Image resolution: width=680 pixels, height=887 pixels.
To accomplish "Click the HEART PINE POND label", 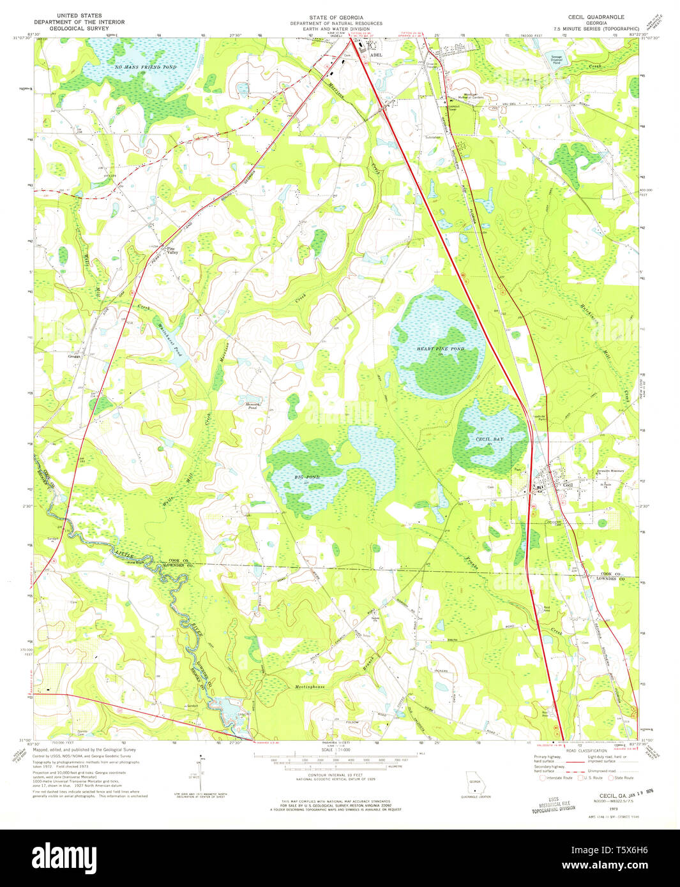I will (x=440, y=349).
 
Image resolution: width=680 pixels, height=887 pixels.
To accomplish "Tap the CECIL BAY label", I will (x=489, y=440).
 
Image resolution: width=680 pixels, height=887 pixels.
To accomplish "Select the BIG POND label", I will (x=307, y=477).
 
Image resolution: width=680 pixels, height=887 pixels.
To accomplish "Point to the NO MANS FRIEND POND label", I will (x=146, y=67).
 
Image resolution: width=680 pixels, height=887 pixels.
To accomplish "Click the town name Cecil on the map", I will (x=550, y=486).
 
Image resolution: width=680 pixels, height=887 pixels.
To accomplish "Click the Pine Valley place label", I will (x=172, y=251).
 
